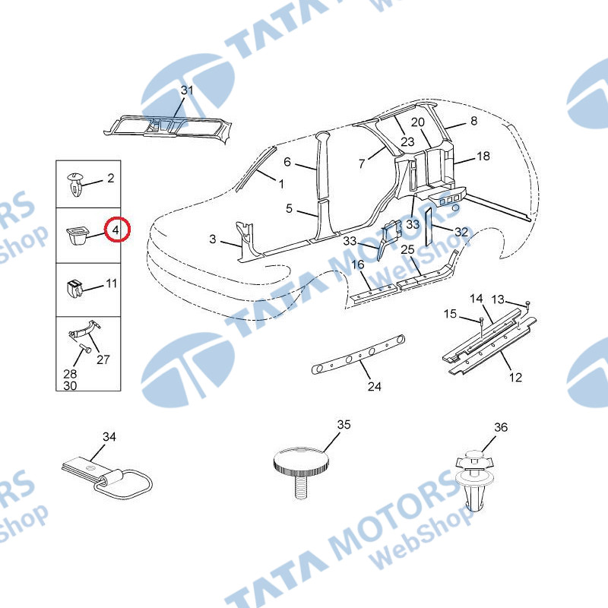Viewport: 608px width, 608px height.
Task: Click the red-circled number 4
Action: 116,230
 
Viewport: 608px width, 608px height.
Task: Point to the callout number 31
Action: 187,90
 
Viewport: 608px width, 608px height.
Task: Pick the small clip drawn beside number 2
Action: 75,184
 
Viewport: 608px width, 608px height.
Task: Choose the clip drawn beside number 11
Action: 74,289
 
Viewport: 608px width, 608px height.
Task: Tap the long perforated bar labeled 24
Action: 359,354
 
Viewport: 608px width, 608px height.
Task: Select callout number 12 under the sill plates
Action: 515,377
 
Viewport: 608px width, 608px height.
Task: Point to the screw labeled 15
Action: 481,325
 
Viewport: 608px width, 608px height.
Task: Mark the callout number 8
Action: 473,121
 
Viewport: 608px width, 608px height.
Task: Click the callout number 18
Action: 483,157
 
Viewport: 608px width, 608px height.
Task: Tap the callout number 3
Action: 213,239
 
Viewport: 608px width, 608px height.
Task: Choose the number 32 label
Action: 461,232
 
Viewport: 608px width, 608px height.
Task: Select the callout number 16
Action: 357,264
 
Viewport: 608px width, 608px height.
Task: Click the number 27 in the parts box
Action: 103,359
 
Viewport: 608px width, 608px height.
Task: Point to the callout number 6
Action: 287,162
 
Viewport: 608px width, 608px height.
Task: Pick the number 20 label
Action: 417,122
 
